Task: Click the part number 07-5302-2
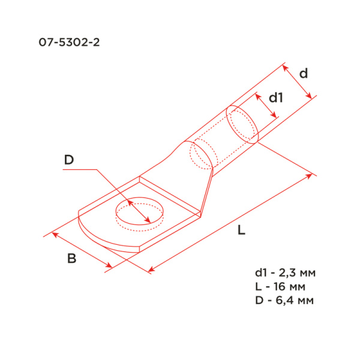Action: tap(68, 43)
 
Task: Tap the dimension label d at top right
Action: tap(304, 73)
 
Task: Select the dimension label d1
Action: tap(275, 97)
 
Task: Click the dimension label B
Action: tap(71, 259)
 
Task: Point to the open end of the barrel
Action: tap(242, 124)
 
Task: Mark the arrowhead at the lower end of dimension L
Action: tap(151, 270)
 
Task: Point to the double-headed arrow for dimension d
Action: tap(298, 83)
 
